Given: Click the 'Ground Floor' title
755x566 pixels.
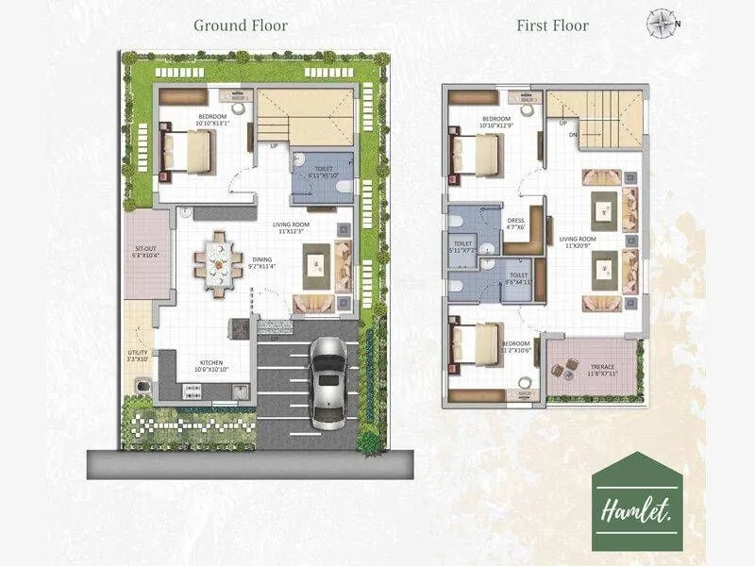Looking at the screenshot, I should click(x=241, y=25).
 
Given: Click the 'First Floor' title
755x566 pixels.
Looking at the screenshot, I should click(x=552, y=25).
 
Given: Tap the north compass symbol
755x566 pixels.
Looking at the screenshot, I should click(x=660, y=23).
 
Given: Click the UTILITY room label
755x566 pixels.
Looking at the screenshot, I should click(x=138, y=355).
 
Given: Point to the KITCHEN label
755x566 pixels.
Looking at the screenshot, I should click(x=211, y=362).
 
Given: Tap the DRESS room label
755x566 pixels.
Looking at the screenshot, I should click(x=514, y=223).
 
